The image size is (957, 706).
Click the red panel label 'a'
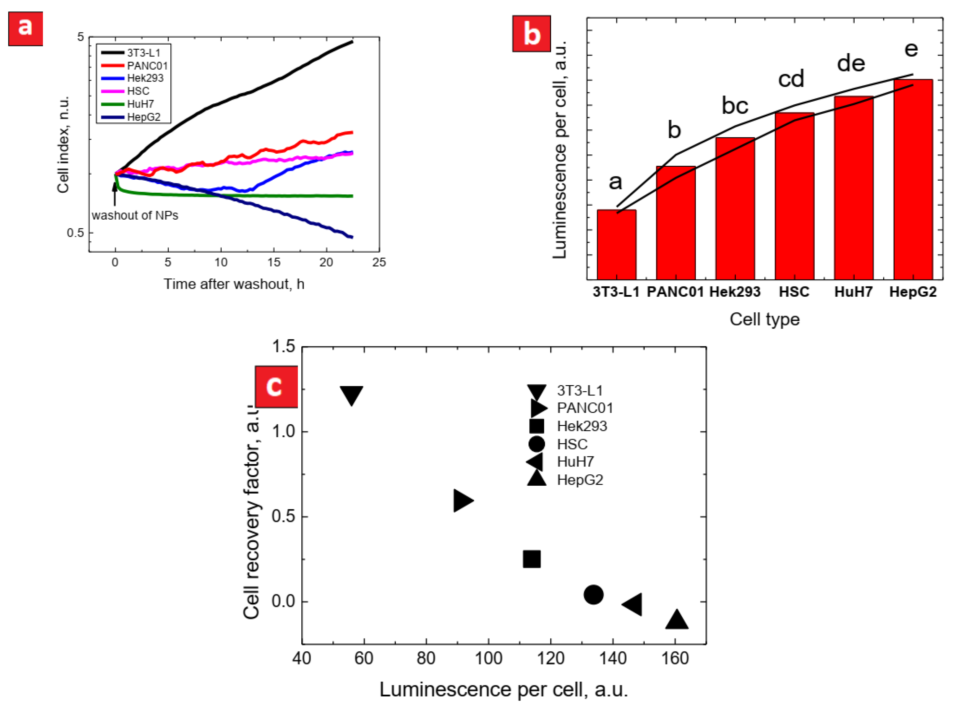[25, 29]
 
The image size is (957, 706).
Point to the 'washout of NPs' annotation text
[135, 215]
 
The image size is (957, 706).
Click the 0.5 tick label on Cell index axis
[75, 233]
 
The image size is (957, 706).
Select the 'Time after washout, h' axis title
[234, 284]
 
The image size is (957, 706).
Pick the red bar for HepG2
[913, 179]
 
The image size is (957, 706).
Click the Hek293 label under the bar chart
[735, 292]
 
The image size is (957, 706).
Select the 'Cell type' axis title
[765, 319]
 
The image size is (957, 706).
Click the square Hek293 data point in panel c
[531, 559]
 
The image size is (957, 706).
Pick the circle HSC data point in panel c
[593, 595]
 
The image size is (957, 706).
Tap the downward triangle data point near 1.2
[351, 394]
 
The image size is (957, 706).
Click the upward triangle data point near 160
[677, 620]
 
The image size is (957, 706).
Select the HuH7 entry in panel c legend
[575, 462]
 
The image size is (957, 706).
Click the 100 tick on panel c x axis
[488, 659]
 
